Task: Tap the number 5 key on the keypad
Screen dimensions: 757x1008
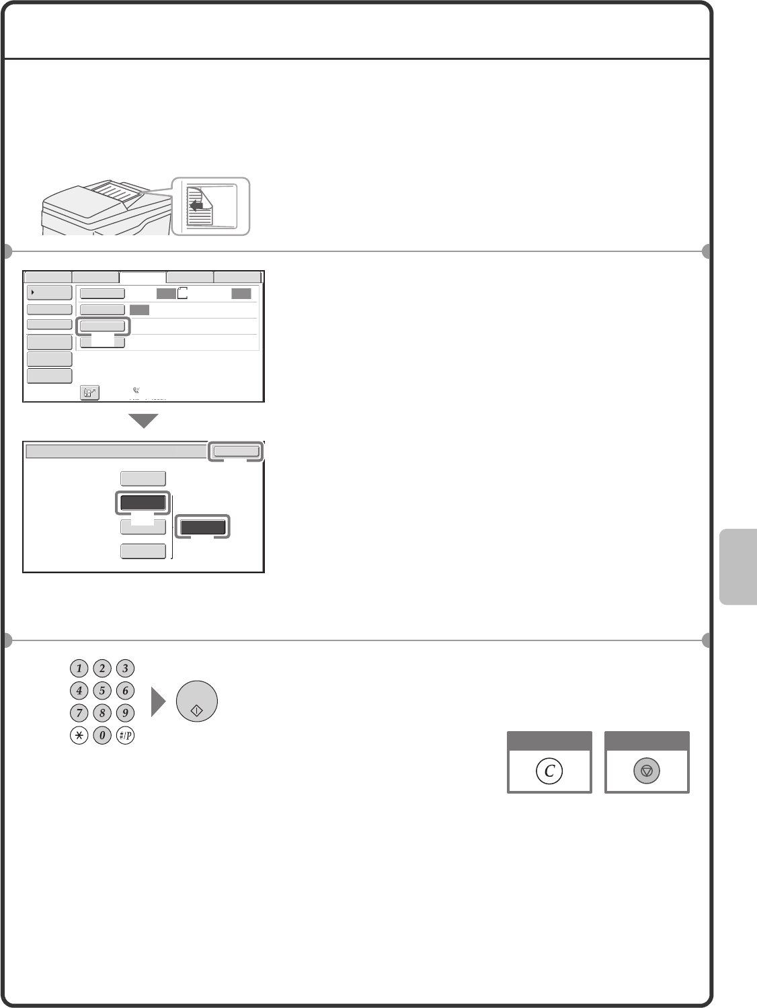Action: pyautogui.click(x=102, y=690)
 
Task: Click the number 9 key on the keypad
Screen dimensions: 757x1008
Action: pyautogui.click(x=125, y=713)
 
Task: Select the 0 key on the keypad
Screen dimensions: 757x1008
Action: pyautogui.click(x=102, y=735)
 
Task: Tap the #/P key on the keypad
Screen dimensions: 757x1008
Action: pyautogui.click(x=125, y=735)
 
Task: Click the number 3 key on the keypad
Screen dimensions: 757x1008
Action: pyautogui.click(x=125, y=668)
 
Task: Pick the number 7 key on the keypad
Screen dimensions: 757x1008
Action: pyautogui.click(x=79, y=713)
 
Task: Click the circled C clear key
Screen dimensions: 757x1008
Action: pyautogui.click(x=549, y=771)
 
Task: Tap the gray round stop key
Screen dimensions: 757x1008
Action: pyautogui.click(x=646, y=771)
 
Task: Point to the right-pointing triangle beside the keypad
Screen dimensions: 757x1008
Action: pyautogui.click(x=158, y=702)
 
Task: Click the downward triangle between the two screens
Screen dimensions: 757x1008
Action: pyautogui.click(x=143, y=420)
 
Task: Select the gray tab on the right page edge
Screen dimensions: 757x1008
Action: pyautogui.click(x=738, y=566)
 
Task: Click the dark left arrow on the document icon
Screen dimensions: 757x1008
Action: pyautogui.click(x=196, y=205)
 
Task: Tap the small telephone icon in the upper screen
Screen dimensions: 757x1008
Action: pyautogui.click(x=136, y=390)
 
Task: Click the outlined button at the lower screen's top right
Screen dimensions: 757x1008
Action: pyautogui.click(x=236, y=452)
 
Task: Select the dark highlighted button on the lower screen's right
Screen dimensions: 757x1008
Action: pyautogui.click(x=202, y=527)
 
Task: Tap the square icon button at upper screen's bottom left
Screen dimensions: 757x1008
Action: pyautogui.click(x=89, y=392)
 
